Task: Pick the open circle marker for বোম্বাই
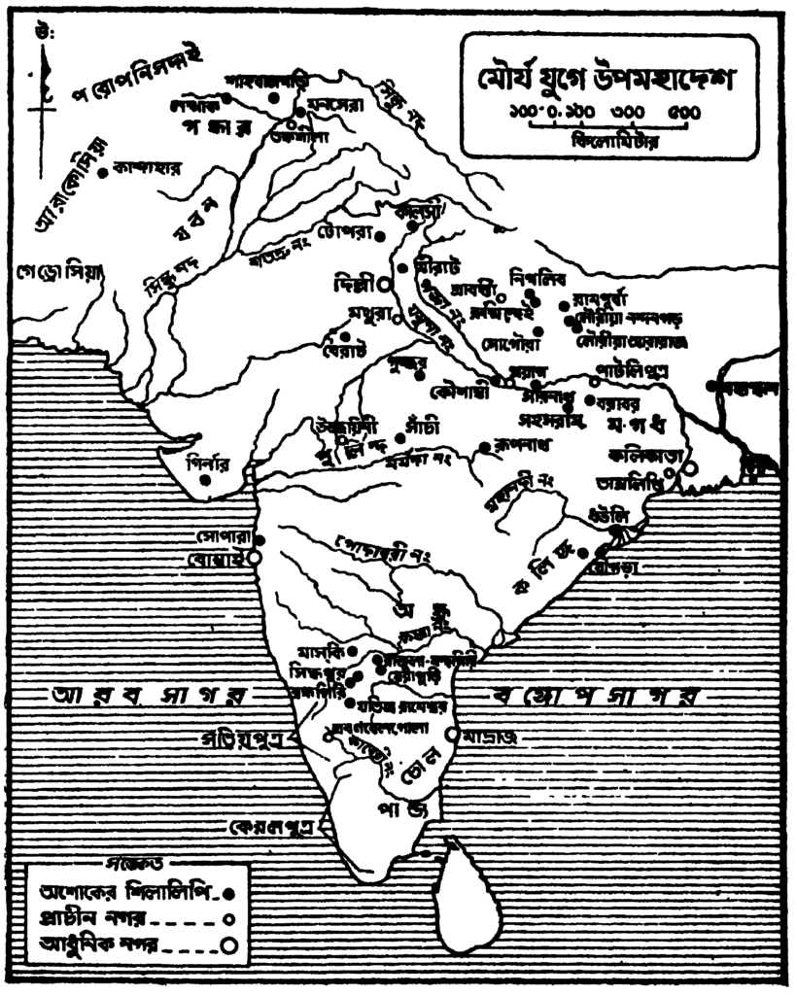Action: coord(255,559)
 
